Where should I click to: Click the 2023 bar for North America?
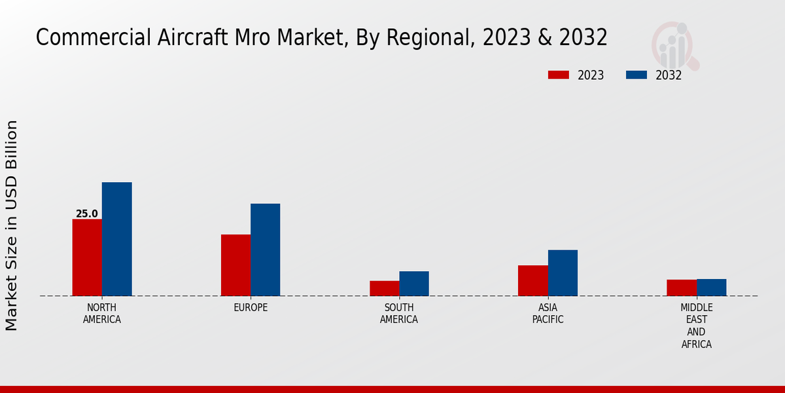(87, 257)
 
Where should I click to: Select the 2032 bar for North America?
(116, 239)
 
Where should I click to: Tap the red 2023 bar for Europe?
(235, 265)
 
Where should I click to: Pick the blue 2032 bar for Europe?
(265, 250)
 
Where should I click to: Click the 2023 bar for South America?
(384, 288)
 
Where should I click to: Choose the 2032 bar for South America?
(414, 284)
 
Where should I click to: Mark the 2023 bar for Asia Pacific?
(532, 280)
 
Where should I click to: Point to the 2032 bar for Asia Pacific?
(563, 272)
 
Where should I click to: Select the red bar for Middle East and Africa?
(682, 288)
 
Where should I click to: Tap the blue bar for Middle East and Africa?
(711, 288)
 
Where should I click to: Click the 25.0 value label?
(86, 214)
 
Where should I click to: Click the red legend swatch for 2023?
(559, 75)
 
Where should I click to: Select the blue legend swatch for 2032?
(637, 75)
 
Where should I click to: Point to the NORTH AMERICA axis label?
(101, 314)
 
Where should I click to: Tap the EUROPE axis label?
(251, 308)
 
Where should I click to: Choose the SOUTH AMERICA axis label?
(399, 314)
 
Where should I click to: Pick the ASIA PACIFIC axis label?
(548, 314)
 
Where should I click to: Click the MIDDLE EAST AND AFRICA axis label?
(696, 326)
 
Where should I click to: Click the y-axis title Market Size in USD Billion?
(12, 225)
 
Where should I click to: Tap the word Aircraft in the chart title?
(191, 37)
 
